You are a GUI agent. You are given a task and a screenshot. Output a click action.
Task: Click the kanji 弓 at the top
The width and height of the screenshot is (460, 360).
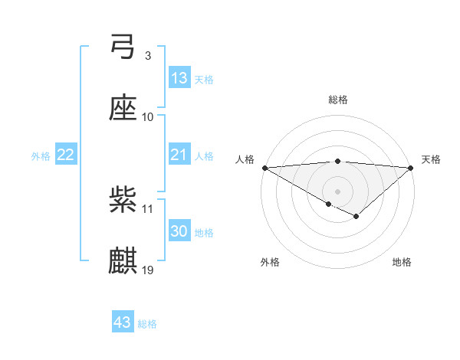coord(123,47)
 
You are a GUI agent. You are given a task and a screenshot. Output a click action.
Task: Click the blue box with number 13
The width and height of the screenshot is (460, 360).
coord(179,77)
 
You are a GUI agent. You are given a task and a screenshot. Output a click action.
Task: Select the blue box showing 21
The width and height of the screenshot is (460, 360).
coord(179,155)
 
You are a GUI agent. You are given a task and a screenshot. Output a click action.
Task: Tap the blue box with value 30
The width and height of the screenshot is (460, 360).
coord(179,231)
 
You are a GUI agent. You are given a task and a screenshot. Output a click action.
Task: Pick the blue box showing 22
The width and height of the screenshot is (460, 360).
coord(65,155)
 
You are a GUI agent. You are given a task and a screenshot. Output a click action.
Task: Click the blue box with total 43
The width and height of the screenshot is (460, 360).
coord(123,322)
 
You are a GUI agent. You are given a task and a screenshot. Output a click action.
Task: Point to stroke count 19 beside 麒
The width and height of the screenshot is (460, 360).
coord(148,270)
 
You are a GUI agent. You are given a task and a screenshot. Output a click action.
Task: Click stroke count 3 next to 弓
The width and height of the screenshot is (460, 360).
coord(148,56)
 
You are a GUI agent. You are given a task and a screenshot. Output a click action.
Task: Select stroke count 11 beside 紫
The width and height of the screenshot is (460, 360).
coord(148,208)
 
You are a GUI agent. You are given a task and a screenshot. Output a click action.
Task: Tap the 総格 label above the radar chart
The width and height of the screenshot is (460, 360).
coord(337,100)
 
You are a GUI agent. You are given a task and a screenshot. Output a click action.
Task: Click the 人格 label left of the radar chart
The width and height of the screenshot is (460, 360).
coord(244,159)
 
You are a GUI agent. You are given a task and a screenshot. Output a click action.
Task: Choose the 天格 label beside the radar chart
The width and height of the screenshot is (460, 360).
coord(432,159)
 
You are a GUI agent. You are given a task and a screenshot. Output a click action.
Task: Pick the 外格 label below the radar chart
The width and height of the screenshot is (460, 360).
coord(270,263)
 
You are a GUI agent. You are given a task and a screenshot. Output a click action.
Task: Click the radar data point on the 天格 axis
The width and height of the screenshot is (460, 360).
coord(412,167)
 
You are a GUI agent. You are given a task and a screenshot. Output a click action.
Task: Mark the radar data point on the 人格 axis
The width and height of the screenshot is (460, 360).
coord(264,167)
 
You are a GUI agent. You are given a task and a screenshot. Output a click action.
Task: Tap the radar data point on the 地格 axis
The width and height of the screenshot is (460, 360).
coord(356,217)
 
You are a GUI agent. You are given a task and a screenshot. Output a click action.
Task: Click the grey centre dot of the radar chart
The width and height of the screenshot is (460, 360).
coord(337,191)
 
